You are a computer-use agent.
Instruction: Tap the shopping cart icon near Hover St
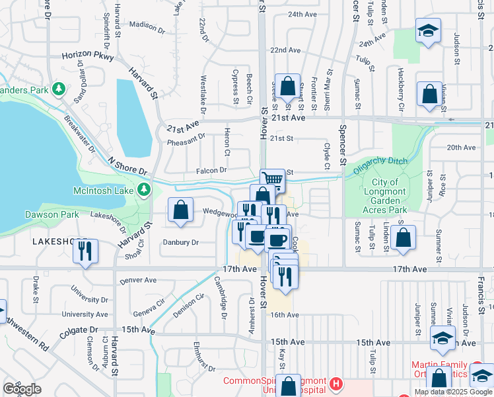(x=272, y=179)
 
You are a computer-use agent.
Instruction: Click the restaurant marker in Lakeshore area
(x=85, y=251)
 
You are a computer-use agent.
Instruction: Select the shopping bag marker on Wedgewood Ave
(x=181, y=210)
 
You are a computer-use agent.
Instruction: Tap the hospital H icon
(x=337, y=382)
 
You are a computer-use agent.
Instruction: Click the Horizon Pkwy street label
(x=85, y=57)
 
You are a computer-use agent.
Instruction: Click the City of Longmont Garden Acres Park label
(x=385, y=196)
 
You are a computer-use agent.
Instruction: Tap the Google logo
(x=22, y=389)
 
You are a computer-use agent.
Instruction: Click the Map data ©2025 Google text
(x=452, y=392)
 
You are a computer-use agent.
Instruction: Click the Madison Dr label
(x=147, y=26)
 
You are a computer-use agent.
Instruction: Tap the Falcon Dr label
(x=211, y=170)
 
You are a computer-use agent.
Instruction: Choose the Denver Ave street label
(x=138, y=280)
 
